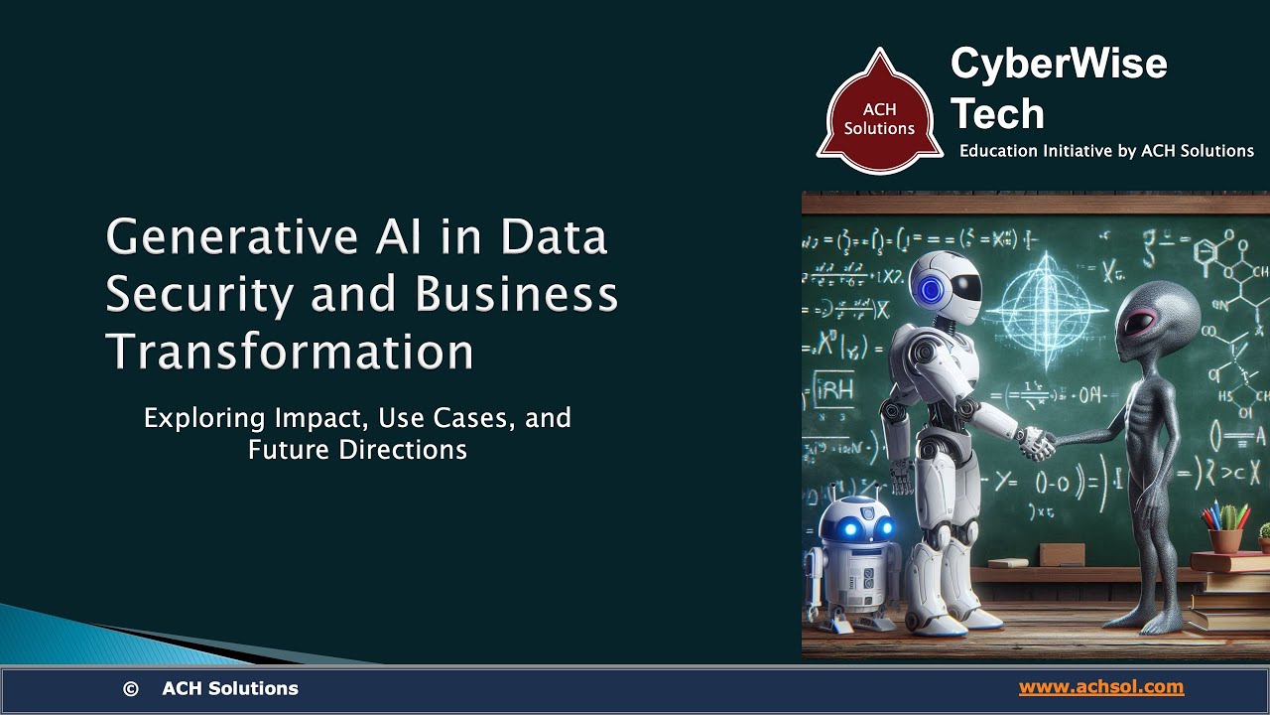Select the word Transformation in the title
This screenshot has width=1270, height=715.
pos(290,352)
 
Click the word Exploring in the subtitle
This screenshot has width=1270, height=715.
pos(203,418)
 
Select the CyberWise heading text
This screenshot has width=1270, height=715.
pos(1059,65)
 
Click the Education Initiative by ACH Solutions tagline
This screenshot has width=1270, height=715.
pos(1106,151)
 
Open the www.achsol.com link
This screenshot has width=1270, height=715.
pos(1100,687)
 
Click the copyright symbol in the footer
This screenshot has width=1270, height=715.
pos(130,688)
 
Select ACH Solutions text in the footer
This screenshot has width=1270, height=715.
pos(230,688)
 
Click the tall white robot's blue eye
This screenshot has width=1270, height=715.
pos(931,289)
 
